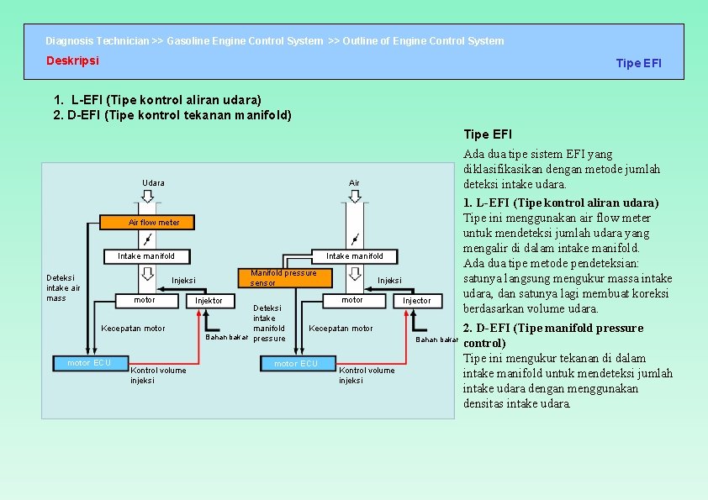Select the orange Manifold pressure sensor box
pos(283,277)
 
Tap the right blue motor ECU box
pos(296,364)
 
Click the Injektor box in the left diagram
pos(209,301)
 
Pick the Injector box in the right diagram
pos(416,301)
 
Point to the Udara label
pos(153,183)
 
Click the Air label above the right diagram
pos(354,183)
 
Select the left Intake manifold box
pos(146,256)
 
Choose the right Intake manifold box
pos(354,256)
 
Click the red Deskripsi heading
pos(72,61)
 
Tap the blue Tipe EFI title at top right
pos(638,63)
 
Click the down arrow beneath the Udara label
pos(147,196)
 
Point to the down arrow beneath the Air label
pos(354,196)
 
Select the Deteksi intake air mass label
pos(63,287)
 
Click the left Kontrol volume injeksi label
pos(158,375)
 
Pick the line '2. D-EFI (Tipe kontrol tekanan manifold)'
pos(172,115)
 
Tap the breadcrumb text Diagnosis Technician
pos(97,41)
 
